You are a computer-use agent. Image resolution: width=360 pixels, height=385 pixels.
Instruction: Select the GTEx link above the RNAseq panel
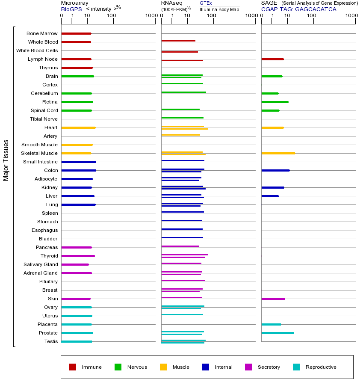click(206, 3)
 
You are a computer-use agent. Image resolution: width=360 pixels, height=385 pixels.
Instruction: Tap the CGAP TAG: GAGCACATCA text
click(298, 9)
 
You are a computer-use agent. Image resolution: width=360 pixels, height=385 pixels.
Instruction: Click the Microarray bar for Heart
click(78, 127)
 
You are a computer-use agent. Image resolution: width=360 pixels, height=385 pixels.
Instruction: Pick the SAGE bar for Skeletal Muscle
click(278, 153)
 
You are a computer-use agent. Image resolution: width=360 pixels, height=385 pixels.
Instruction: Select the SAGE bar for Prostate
click(277, 333)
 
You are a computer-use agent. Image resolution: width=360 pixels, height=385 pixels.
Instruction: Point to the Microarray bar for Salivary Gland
click(75, 264)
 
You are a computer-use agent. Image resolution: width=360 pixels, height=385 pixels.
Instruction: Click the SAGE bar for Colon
click(275, 170)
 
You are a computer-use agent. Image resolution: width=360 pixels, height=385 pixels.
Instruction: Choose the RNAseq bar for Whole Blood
click(178, 41)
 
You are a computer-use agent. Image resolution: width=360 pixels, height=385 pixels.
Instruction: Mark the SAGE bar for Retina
click(274, 102)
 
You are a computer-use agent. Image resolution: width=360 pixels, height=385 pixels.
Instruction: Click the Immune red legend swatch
click(73, 367)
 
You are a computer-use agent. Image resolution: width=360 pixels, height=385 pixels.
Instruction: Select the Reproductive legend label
click(321, 367)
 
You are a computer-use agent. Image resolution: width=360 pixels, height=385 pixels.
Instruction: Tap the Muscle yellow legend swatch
click(163, 367)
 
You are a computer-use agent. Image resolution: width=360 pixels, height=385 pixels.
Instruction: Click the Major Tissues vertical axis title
click(6, 160)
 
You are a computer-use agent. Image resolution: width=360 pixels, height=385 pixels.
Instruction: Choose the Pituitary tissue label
click(48, 281)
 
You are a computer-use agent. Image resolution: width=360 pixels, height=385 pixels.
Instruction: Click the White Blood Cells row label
click(37, 50)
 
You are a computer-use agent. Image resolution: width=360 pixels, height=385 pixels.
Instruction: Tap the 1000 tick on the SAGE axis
click(351, 16)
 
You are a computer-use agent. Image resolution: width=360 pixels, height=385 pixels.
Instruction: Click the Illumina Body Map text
click(219, 9)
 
